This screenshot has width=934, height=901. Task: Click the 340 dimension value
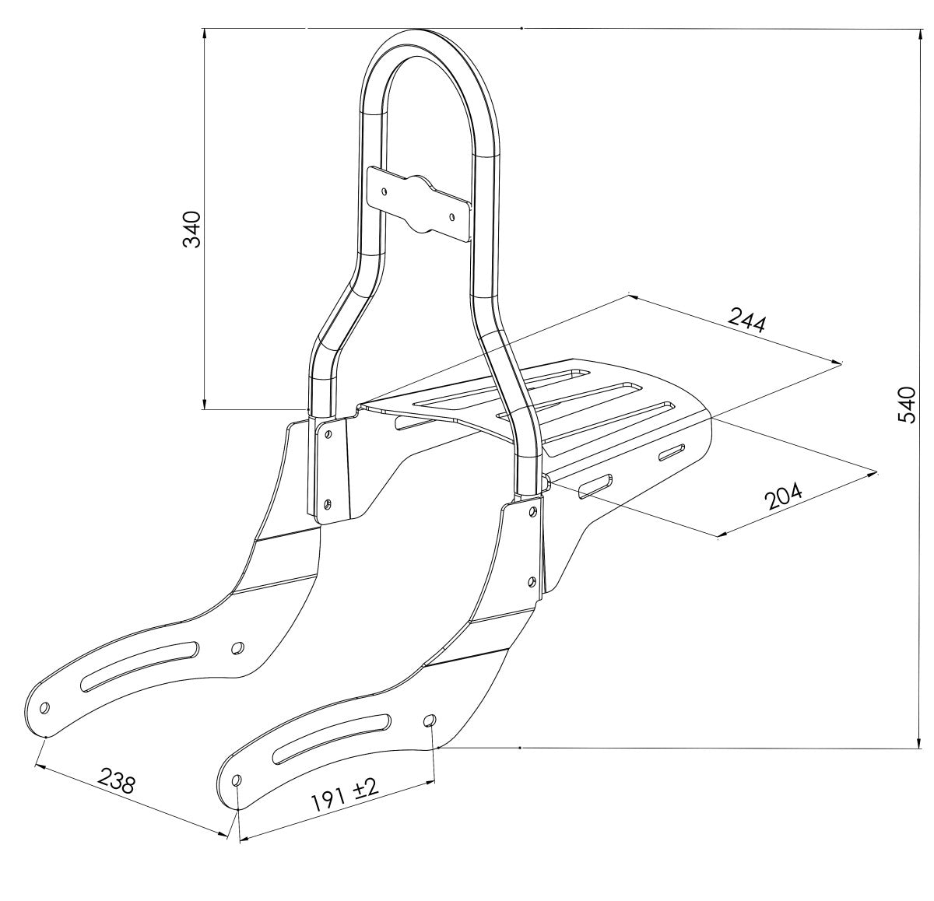191,230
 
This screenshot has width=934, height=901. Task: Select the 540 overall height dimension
906,405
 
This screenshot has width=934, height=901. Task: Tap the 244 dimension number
747,320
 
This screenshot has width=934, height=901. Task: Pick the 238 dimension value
117,781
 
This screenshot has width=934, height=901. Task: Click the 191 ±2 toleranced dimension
345,796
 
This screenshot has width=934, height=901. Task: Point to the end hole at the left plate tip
44,708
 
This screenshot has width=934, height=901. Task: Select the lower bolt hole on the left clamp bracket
328,503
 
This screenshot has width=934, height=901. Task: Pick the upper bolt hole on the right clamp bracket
532,511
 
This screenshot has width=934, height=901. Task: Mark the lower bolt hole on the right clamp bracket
532,581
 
